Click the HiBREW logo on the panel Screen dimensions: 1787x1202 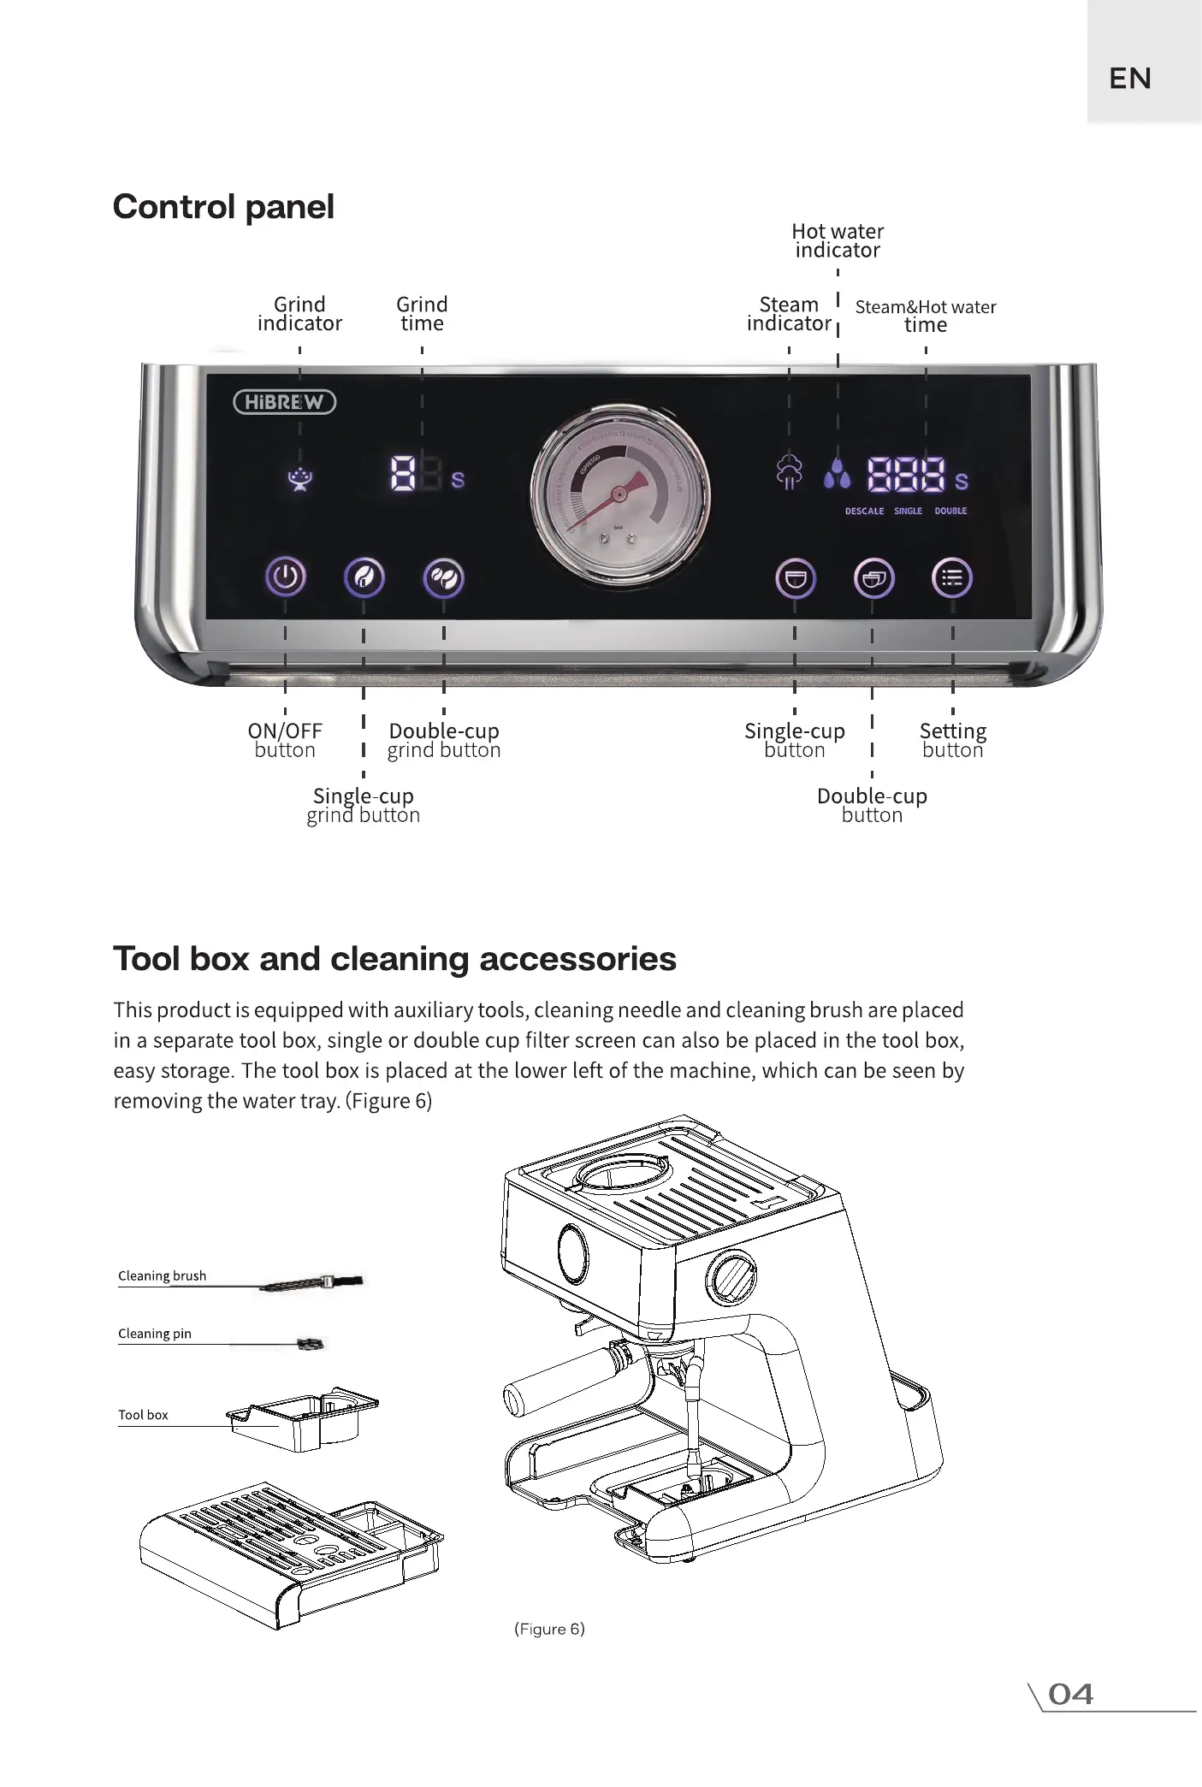[285, 402]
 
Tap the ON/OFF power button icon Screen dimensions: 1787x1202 [285, 577]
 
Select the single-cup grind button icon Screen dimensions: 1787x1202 [364, 578]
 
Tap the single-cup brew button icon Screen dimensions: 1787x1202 [795, 579]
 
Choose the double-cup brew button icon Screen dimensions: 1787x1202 [873, 579]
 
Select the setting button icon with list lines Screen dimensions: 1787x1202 [951, 578]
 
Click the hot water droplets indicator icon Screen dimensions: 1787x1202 [838, 473]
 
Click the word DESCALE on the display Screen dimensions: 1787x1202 [864, 511]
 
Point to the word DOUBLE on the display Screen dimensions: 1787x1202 [950, 511]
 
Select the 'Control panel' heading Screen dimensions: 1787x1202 [223, 207]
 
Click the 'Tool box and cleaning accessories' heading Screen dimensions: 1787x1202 [394, 959]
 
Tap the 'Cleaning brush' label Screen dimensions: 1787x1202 [163, 1275]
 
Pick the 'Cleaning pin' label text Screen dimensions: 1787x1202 [155, 1334]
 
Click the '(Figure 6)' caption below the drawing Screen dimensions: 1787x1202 [549, 1629]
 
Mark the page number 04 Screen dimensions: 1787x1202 [1070, 1695]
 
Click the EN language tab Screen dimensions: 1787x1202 [1130, 79]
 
